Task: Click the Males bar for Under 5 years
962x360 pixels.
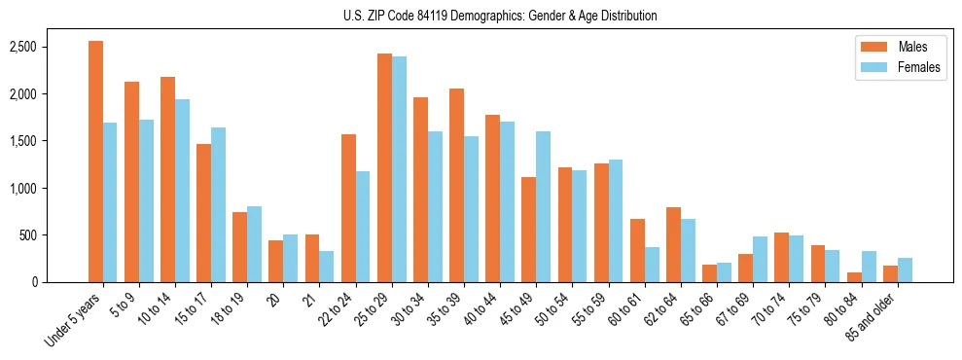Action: coord(95,162)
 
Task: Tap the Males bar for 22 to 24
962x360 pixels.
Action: coord(348,208)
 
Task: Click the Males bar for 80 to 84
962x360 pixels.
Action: coord(853,277)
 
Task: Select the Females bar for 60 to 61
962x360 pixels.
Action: coord(652,265)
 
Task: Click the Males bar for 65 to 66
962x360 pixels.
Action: coord(709,273)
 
